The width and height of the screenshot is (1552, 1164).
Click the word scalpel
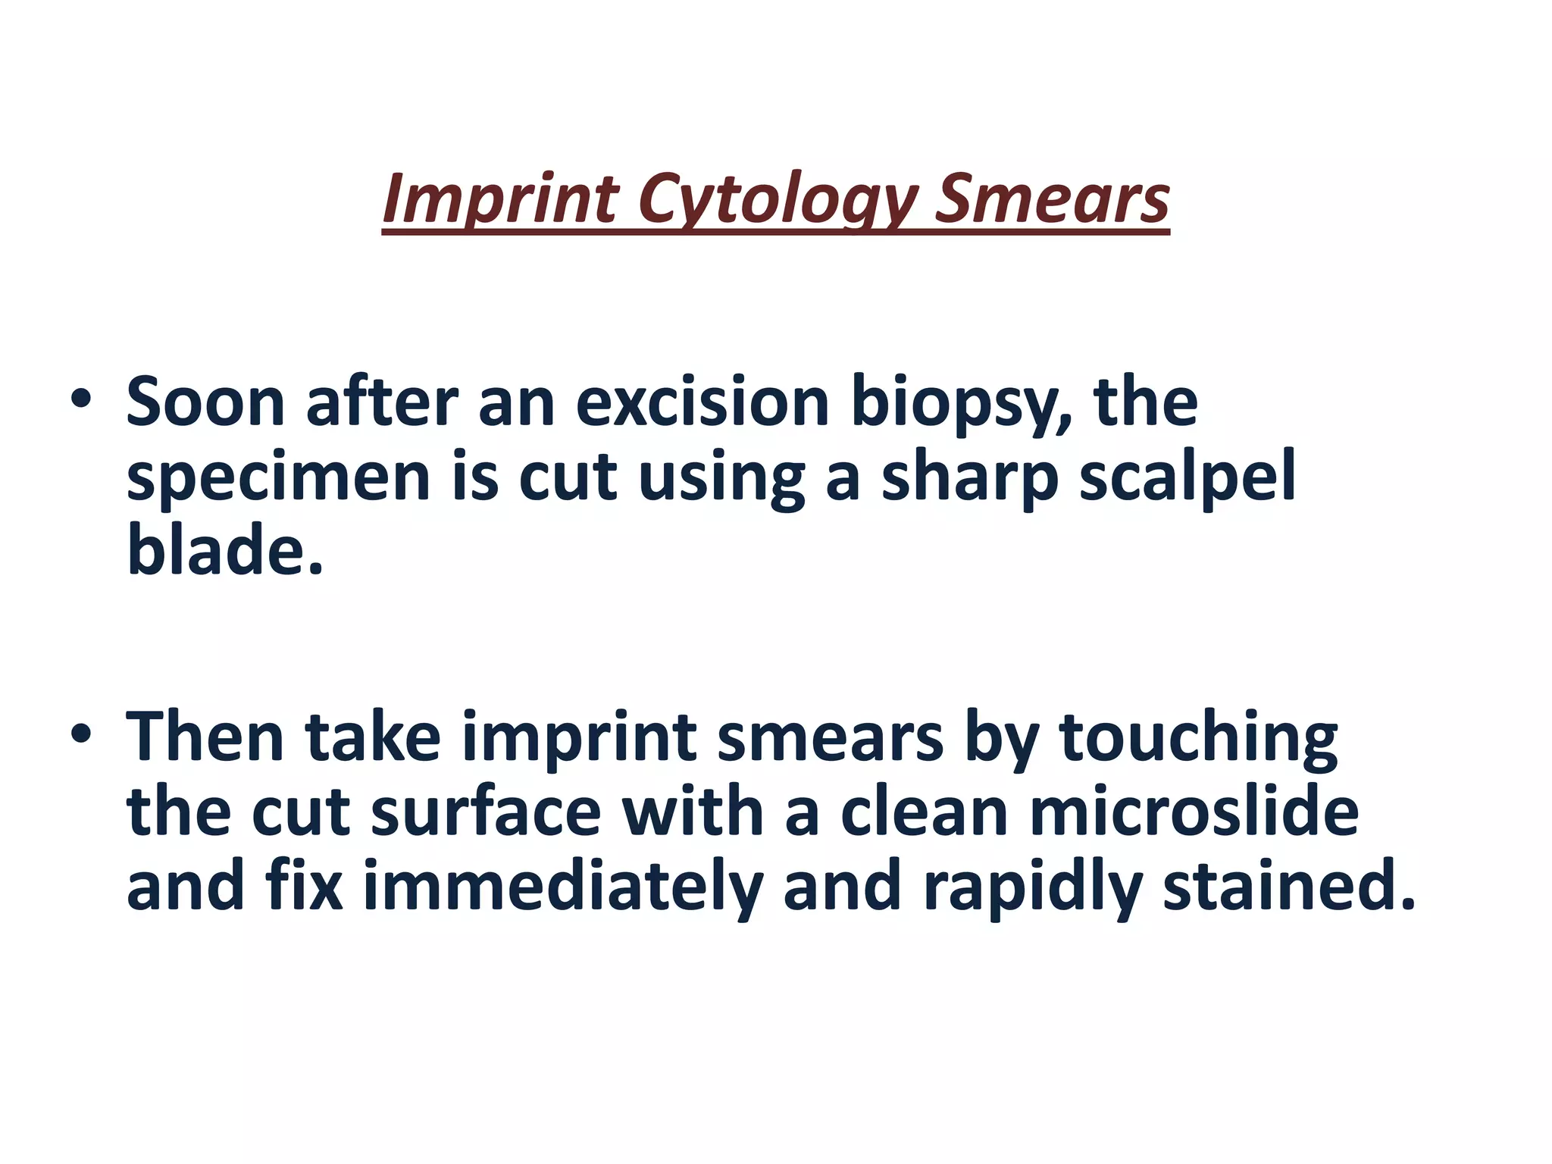point(1187,479)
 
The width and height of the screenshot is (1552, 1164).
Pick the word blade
point(224,549)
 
